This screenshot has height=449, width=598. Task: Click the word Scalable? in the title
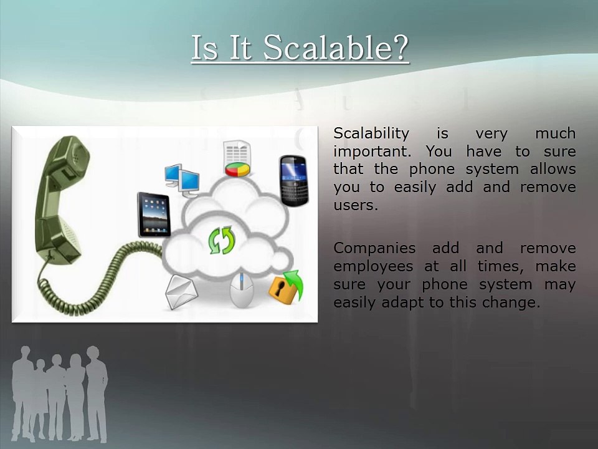pos(336,47)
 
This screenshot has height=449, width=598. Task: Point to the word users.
pos(356,205)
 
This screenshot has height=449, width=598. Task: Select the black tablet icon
pos(154,214)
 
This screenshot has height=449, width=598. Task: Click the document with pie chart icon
pos(237,159)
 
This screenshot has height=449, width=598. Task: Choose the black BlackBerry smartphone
pos(293,181)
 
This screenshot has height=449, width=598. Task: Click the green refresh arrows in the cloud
pos(221,240)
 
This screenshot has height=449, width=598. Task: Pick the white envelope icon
pos(181,291)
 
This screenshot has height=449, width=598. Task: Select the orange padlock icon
pos(285,287)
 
